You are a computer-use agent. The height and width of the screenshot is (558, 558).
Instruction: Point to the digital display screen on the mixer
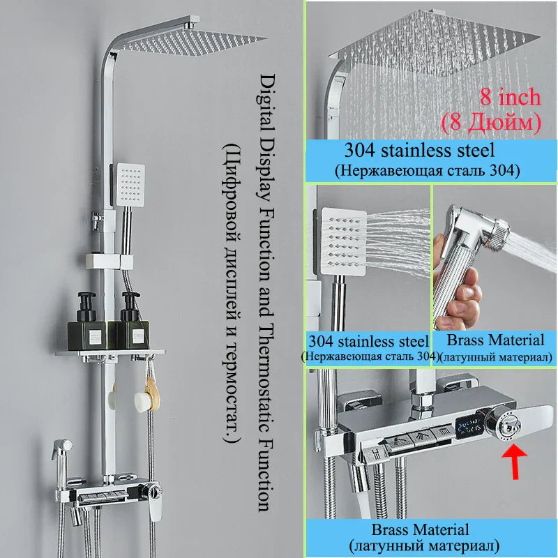[465, 432]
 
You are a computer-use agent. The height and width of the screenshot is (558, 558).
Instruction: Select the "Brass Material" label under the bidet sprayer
[495, 340]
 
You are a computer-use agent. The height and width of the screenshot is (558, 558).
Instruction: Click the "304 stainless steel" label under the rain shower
[428, 150]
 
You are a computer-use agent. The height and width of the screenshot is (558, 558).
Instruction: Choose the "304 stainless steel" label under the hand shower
[368, 342]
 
